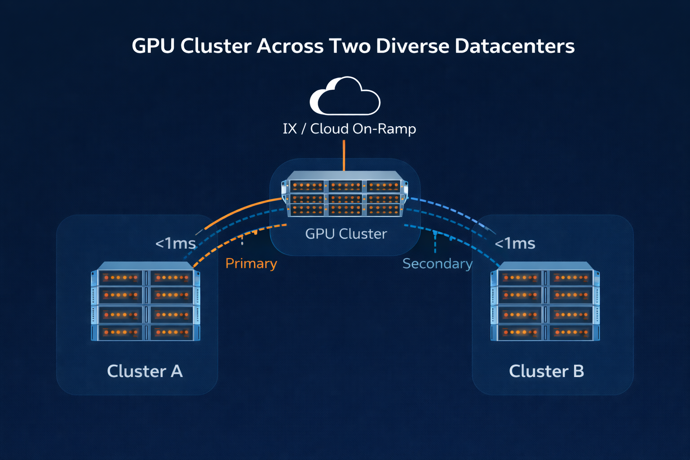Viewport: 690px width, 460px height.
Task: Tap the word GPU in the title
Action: [x=153, y=46]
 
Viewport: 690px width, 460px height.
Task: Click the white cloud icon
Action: [x=345, y=96]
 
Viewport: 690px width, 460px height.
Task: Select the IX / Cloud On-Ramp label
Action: [x=349, y=129]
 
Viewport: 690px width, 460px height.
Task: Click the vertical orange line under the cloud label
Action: [x=344, y=155]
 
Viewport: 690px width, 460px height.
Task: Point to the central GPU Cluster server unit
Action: [x=345, y=194]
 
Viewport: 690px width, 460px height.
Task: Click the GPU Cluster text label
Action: [x=345, y=234]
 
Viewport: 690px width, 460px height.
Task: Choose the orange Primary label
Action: [x=251, y=263]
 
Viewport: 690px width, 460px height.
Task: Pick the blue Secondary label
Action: [x=437, y=264]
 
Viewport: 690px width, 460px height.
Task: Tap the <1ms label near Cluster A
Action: [x=175, y=243]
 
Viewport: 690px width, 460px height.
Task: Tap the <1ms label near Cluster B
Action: [x=515, y=243]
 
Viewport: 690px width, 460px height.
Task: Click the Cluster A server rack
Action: [x=146, y=301]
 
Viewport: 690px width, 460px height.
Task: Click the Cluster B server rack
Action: [x=545, y=301]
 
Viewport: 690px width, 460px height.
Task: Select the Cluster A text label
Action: [x=145, y=371]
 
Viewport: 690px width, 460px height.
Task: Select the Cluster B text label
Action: [x=546, y=371]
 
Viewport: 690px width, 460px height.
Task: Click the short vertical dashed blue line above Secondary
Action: [x=435, y=243]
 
